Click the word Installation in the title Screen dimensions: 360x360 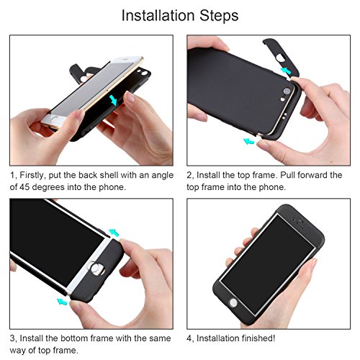pos(157,15)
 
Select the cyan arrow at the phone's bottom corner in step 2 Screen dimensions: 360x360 pos(248,141)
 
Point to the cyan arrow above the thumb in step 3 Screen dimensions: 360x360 pos(114,232)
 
